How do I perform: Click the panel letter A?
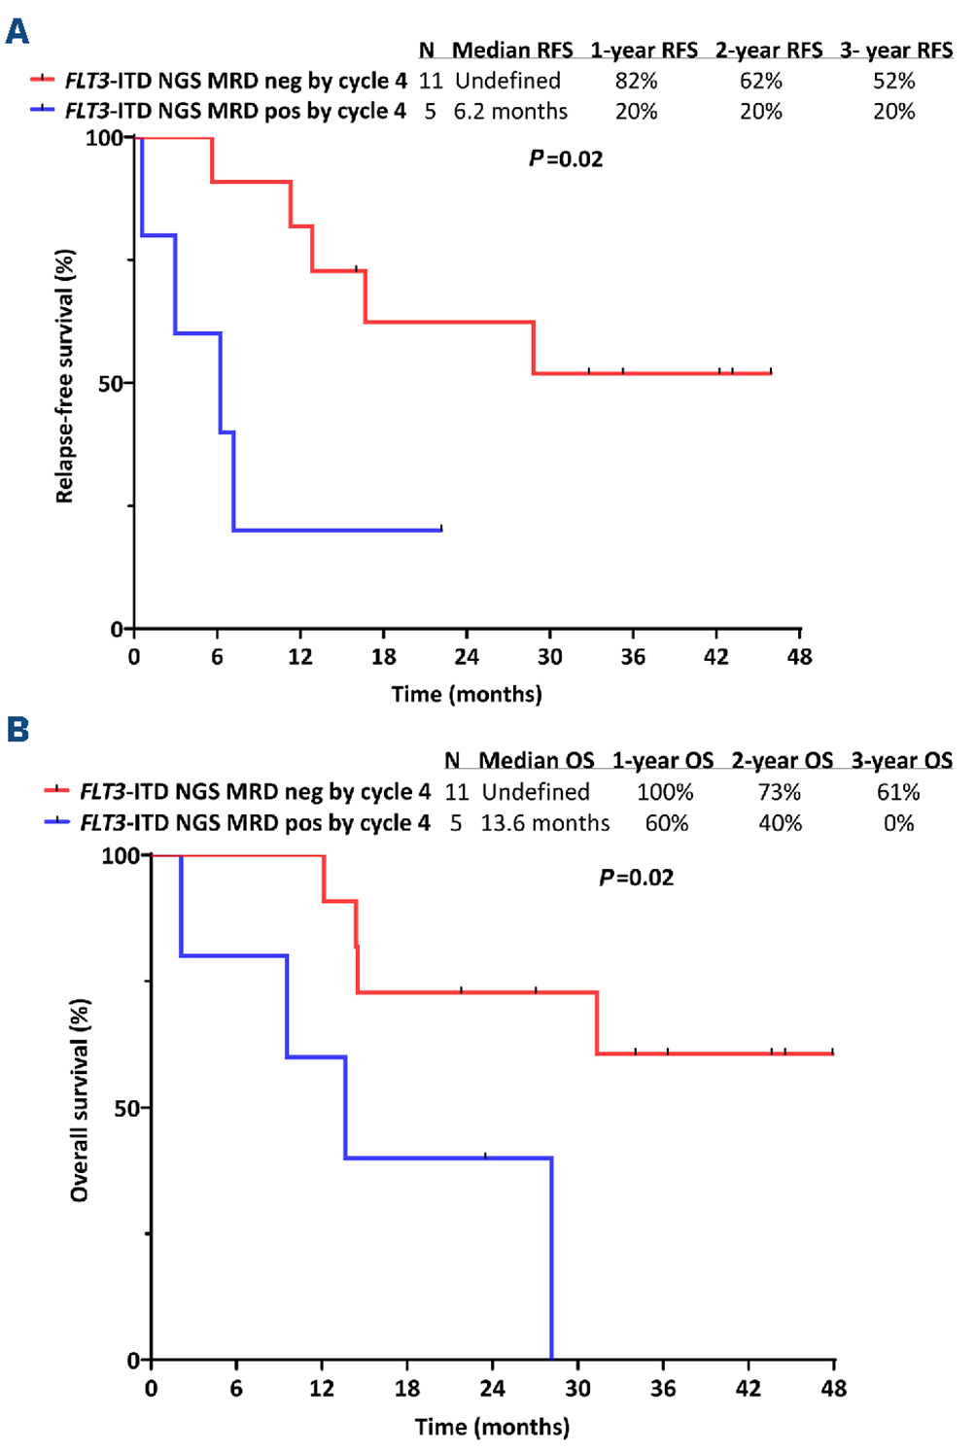[x=17, y=32]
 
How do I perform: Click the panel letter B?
[x=17, y=729]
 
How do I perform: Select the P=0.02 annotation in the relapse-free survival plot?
[x=566, y=159]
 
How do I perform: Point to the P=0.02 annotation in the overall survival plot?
[x=636, y=878]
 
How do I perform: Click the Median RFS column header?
[x=512, y=50]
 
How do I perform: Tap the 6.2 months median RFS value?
[x=510, y=112]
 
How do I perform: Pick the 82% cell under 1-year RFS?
[x=637, y=81]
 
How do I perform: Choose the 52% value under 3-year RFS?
[x=893, y=81]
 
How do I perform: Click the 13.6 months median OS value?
[x=545, y=823]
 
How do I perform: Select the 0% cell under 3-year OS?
[x=898, y=823]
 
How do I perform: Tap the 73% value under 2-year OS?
[x=780, y=792]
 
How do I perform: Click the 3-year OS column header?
[x=901, y=760]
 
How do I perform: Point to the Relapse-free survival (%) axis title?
[x=65, y=377]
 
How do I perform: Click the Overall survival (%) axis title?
[x=80, y=1100]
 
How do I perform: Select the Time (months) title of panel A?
[x=467, y=694]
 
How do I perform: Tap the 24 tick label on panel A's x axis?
[x=467, y=657]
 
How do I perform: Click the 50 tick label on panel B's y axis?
[x=126, y=1109]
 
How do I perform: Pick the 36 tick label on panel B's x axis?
[x=663, y=1388]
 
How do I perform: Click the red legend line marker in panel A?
[x=43, y=80]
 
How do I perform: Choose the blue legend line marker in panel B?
[x=57, y=823]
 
